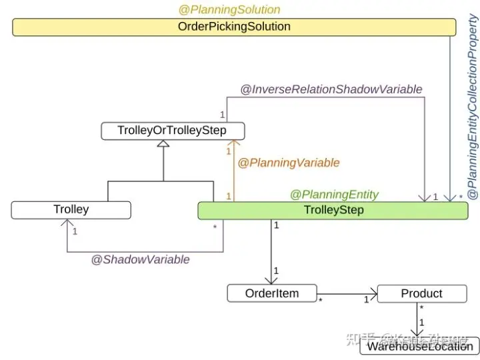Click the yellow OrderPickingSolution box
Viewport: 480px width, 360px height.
click(x=234, y=27)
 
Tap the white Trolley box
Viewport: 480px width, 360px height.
click(x=71, y=210)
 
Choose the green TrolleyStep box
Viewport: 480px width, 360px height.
click(x=333, y=211)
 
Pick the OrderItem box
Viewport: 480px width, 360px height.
click(x=271, y=293)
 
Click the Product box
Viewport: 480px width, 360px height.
click(x=421, y=293)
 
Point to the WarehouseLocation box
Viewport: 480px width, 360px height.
click(x=420, y=346)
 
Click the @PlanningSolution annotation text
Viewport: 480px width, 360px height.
click(x=229, y=10)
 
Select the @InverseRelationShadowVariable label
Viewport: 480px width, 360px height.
click(x=331, y=89)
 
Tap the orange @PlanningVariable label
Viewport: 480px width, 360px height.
click(x=289, y=163)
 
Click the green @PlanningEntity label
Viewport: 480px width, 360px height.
click(x=334, y=195)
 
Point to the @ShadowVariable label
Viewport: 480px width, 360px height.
click(x=141, y=259)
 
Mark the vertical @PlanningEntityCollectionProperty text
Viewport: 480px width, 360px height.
click(x=472, y=107)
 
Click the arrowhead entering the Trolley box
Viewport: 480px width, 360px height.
click(x=67, y=224)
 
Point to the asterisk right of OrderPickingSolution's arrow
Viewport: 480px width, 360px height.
click(x=461, y=198)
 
